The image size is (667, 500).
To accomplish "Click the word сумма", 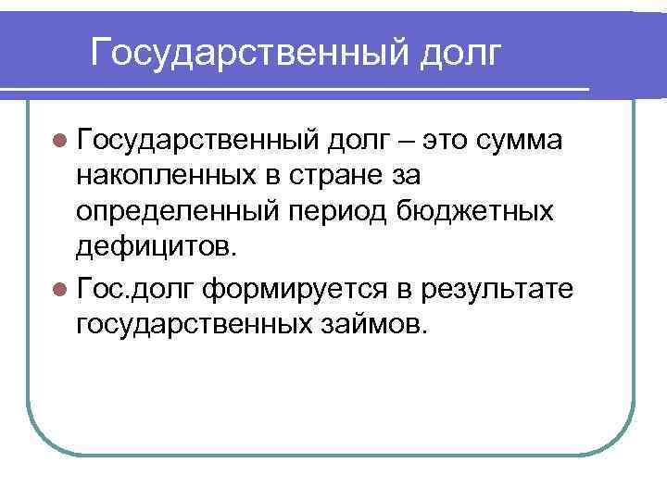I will (x=527, y=141).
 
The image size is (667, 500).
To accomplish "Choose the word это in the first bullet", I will (x=447, y=141).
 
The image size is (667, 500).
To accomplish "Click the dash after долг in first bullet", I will (x=405, y=143).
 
